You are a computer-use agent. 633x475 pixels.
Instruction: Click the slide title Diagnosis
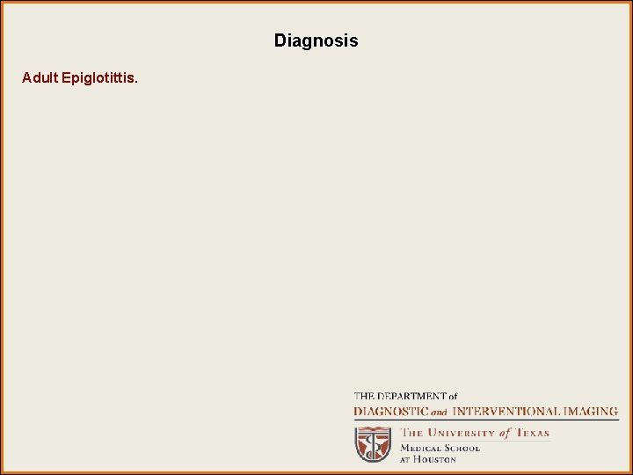tap(316, 40)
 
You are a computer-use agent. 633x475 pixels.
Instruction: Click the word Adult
tap(40, 78)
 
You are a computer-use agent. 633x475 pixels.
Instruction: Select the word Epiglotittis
tap(98, 78)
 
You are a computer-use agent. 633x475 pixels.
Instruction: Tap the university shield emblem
tap(373, 444)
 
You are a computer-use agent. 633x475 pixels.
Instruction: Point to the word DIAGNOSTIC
tap(390, 411)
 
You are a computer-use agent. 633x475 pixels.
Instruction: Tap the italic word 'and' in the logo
tap(438, 412)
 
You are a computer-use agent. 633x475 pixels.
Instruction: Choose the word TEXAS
tap(532, 433)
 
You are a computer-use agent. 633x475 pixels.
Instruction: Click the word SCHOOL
tap(462, 448)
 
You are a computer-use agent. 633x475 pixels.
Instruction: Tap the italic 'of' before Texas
tap(506, 433)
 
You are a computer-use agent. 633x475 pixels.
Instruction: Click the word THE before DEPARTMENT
tap(364, 397)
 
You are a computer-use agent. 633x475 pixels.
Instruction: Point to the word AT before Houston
tap(406, 459)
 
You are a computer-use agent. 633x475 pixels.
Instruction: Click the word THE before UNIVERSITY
tap(412, 433)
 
